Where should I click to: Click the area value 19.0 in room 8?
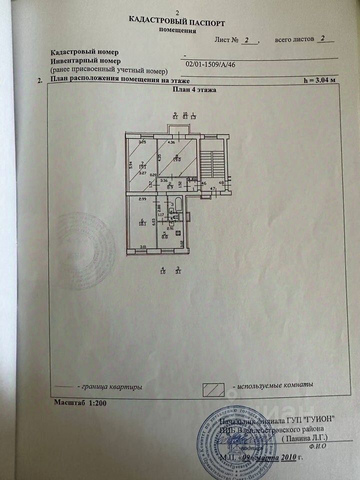(x=177, y=160)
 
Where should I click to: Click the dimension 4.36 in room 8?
(x=171, y=142)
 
